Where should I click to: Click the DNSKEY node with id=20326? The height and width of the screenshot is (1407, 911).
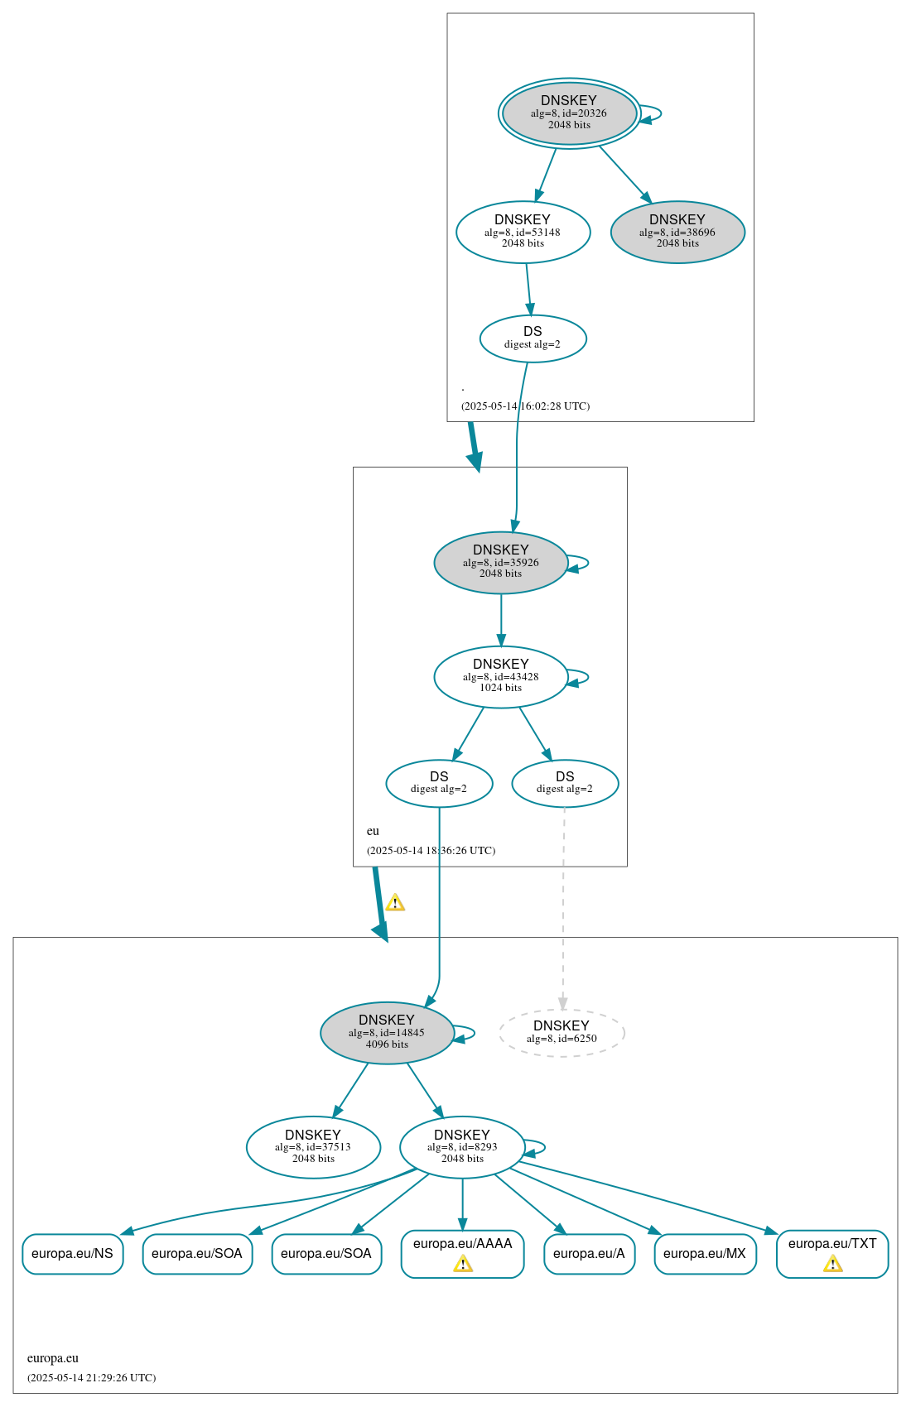pyautogui.click(x=569, y=113)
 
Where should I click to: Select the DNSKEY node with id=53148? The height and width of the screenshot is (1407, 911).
pyautogui.click(x=523, y=233)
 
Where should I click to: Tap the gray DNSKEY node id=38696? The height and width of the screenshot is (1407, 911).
pyautogui.click(x=677, y=233)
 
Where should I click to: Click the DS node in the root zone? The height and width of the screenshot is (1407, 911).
pyautogui.click(x=533, y=339)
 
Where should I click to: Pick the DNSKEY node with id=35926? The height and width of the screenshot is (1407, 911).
pyautogui.click(x=500, y=563)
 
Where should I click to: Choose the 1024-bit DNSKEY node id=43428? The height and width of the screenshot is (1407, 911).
pyautogui.click(x=500, y=677)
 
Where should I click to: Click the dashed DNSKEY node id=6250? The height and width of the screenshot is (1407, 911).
pyautogui.click(x=562, y=1033)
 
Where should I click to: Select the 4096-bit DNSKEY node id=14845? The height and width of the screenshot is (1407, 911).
pyautogui.click(x=387, y=1033)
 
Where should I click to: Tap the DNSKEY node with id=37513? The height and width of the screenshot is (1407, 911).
pyautogui.click(x=313, y=1147)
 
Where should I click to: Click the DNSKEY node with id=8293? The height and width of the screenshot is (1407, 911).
pyautogui.click(x=462, y=1147)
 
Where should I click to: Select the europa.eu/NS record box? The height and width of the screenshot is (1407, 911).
pyautogui.click(x=72, y=1254)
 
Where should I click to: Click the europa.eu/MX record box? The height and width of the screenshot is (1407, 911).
pyautogui.click(x=705, y=1254)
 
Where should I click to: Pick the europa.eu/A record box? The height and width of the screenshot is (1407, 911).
pyautogui.click(x=589, y=1254)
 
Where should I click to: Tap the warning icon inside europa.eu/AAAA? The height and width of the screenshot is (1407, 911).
pyautogui.click(x=463, y=1264)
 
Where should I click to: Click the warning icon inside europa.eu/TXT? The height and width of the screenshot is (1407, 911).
pyautogui.click(x=833, y=1264)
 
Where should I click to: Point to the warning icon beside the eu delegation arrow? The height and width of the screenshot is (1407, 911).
pyautogui.click(x=395, y=903)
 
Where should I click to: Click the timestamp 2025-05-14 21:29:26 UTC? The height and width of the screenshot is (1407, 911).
pyautogui.click(x=91, y=1378)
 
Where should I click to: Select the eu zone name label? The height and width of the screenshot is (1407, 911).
pyautogui.click(x=373, y=831)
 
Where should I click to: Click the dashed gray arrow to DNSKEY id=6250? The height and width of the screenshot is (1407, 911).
pyautogui.click(x=563, y=910)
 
